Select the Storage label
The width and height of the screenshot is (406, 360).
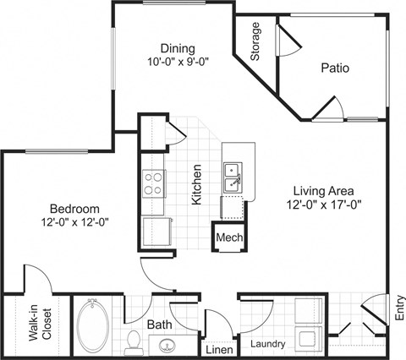click(256, 41)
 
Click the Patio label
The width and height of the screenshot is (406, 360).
click(336, 68)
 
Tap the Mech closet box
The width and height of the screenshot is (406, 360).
click(228, 238)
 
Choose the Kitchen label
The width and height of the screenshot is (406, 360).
click(196, 185)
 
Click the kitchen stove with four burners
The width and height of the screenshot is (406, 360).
click(153, 183)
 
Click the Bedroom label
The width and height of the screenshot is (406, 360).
click(75, 209)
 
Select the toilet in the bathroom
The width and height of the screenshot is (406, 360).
click(132, 341)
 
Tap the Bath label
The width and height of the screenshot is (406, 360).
click(161, 325)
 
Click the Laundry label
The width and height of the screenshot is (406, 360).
click(267, 344)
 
